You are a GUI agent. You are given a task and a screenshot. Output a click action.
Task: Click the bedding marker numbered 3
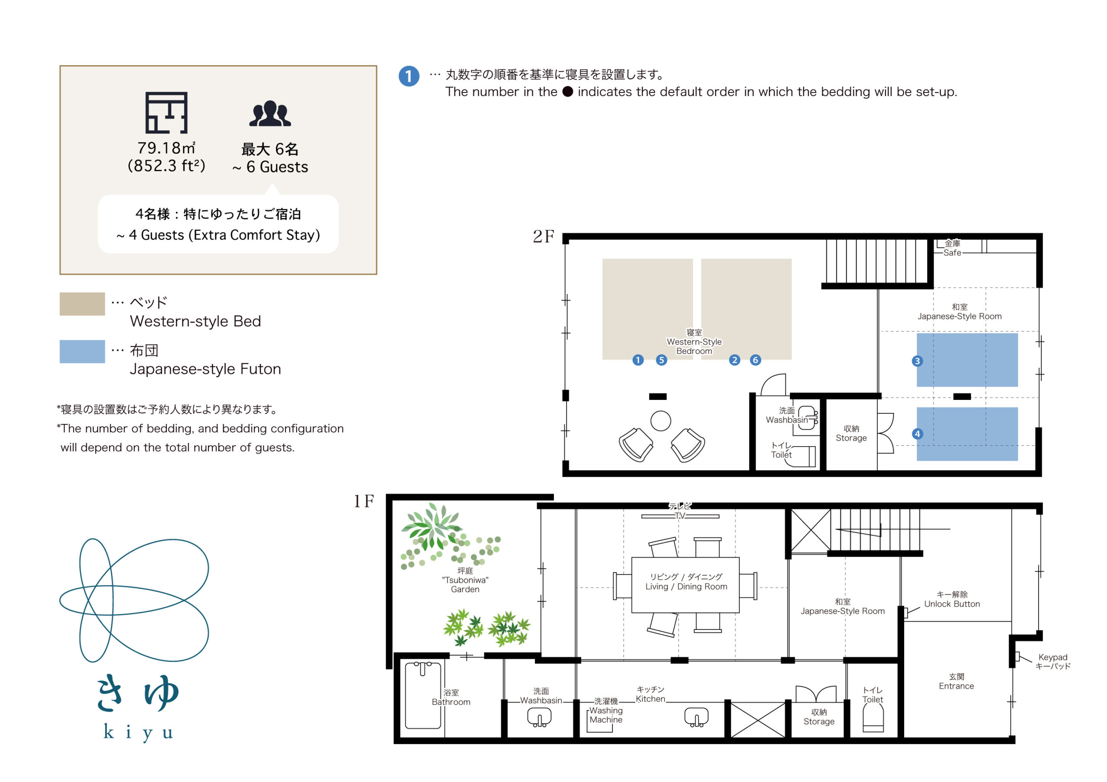pos(917,361)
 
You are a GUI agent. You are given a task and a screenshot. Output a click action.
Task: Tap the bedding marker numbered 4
pos(917,434)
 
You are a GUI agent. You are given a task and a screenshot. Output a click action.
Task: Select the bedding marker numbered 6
pos(755,360)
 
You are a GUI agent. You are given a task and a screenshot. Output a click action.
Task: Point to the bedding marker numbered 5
pos(662,360)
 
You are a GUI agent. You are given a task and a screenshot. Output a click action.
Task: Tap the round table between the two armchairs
pos(661,421)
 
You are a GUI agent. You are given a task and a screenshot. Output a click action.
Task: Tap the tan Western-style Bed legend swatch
pos(83,304)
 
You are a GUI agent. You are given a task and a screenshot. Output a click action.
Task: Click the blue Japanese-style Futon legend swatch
pos(83,351)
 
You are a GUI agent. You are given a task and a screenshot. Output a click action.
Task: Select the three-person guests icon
pos(270,114)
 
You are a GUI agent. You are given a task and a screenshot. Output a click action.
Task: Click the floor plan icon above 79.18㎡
pos(166,113)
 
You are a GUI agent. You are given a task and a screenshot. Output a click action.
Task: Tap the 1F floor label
pos(364,501)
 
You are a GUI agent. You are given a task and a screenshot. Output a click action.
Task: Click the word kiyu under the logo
pos(138,732)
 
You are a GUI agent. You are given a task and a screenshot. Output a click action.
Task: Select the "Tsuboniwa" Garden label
pos(465,580)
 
